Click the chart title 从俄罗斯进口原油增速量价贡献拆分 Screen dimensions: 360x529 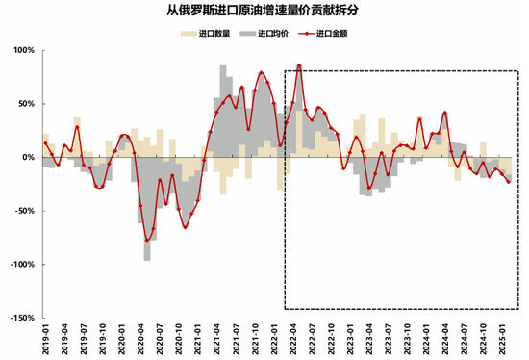tap(264, 14)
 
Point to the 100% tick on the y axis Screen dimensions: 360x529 tap(21, 50)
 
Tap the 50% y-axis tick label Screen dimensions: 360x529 tap(23, 103)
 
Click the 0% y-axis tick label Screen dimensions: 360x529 tap(26, 157)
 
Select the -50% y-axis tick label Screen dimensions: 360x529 tap(22, 211)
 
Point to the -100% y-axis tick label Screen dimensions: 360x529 tap(20, 264)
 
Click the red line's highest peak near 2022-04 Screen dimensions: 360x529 tap(299, 65)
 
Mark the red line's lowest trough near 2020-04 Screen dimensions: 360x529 tap(147, 241)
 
